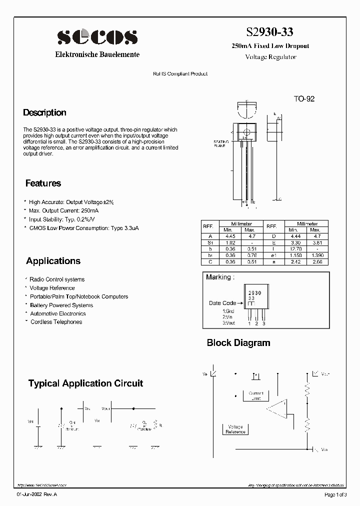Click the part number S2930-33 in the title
click(269, 32)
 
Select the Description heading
click(44, 112)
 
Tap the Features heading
click(43, 183)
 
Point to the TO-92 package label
click(304, 99)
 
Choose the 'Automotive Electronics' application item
click(57, 313)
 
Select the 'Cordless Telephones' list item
click(56, 322)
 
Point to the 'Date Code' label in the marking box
click(222, 303)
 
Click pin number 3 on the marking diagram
click(264, 323)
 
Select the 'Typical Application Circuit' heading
click(85, 383)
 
